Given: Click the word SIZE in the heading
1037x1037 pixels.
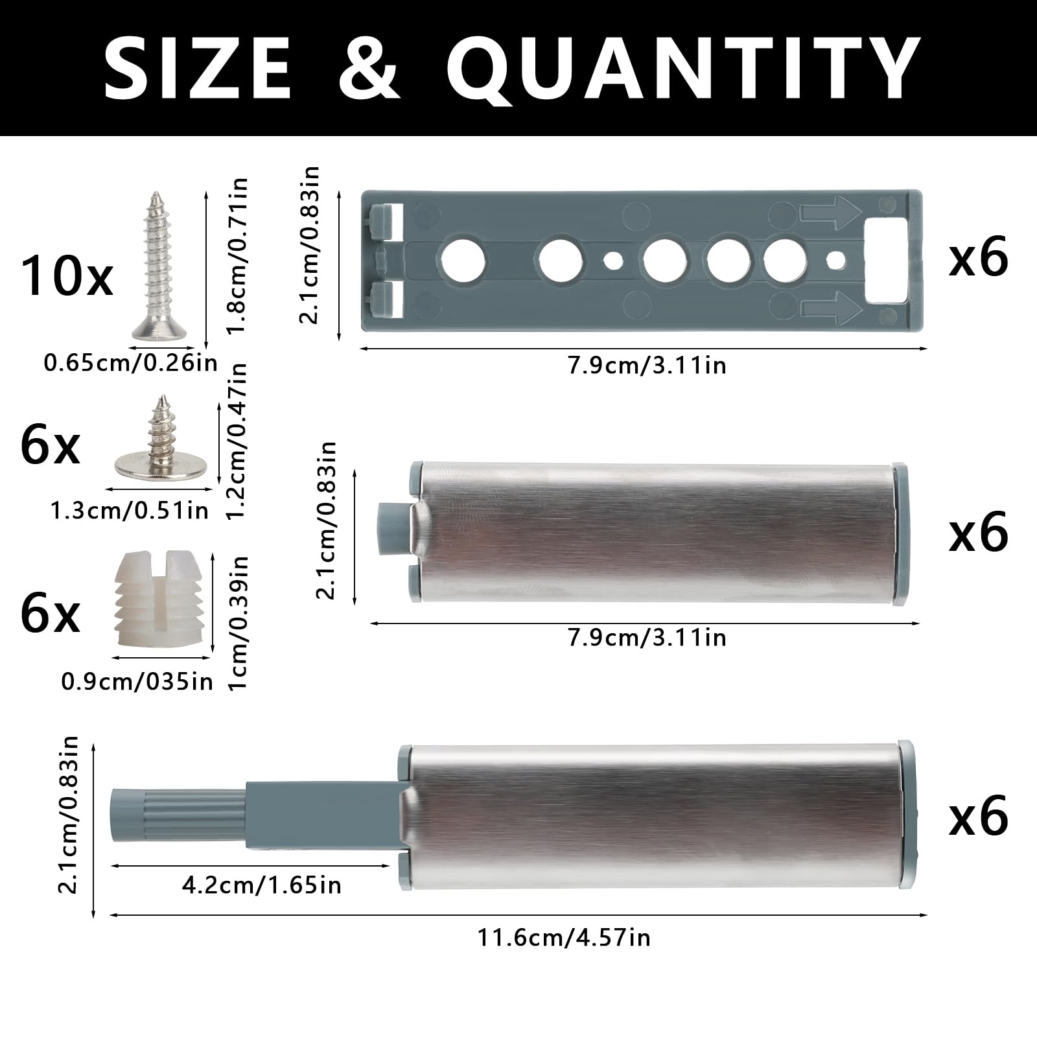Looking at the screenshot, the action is (198, 67).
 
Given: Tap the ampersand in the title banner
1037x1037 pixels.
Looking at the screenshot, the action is (369, 67).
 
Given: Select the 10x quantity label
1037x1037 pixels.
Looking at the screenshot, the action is (67, 277).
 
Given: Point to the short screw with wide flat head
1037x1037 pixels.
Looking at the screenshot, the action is (159, 437).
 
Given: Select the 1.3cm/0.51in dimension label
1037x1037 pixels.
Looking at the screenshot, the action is (130, 511).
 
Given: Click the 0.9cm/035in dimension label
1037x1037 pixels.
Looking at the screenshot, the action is (137, 681).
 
